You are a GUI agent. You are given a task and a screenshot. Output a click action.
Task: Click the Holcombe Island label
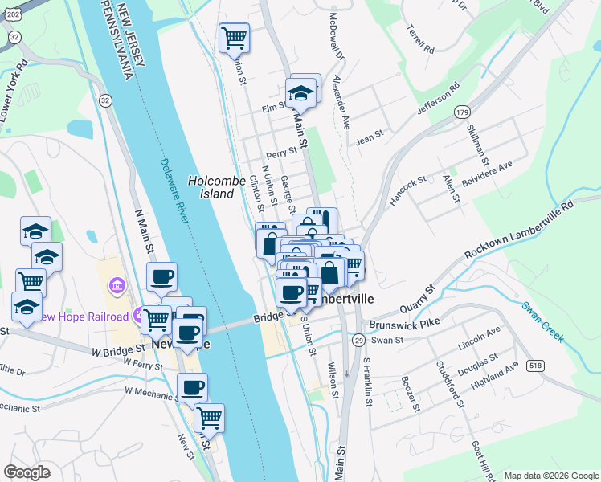[x=216, y=187]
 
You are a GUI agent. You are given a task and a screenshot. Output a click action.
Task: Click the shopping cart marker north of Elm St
[x=234, y=36]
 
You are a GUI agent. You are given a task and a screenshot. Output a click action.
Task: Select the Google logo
[x=27, y=472]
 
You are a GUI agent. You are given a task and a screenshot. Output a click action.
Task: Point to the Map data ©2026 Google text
[x=550, y=476]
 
